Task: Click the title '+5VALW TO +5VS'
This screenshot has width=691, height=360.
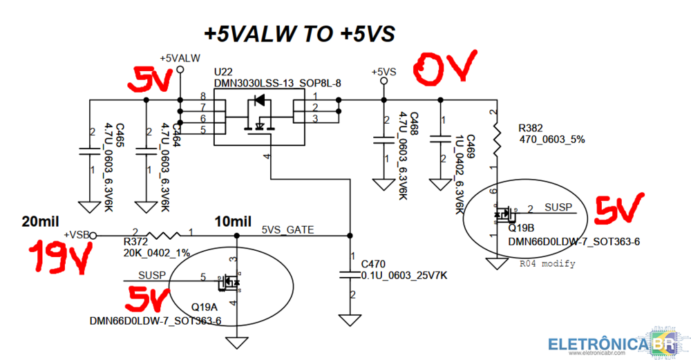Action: coord(299,32)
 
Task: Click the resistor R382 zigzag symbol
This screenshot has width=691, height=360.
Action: coord(495,138)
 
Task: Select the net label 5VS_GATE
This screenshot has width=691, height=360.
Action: coord(287,229)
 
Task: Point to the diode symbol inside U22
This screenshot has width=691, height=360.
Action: coord(259,101)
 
